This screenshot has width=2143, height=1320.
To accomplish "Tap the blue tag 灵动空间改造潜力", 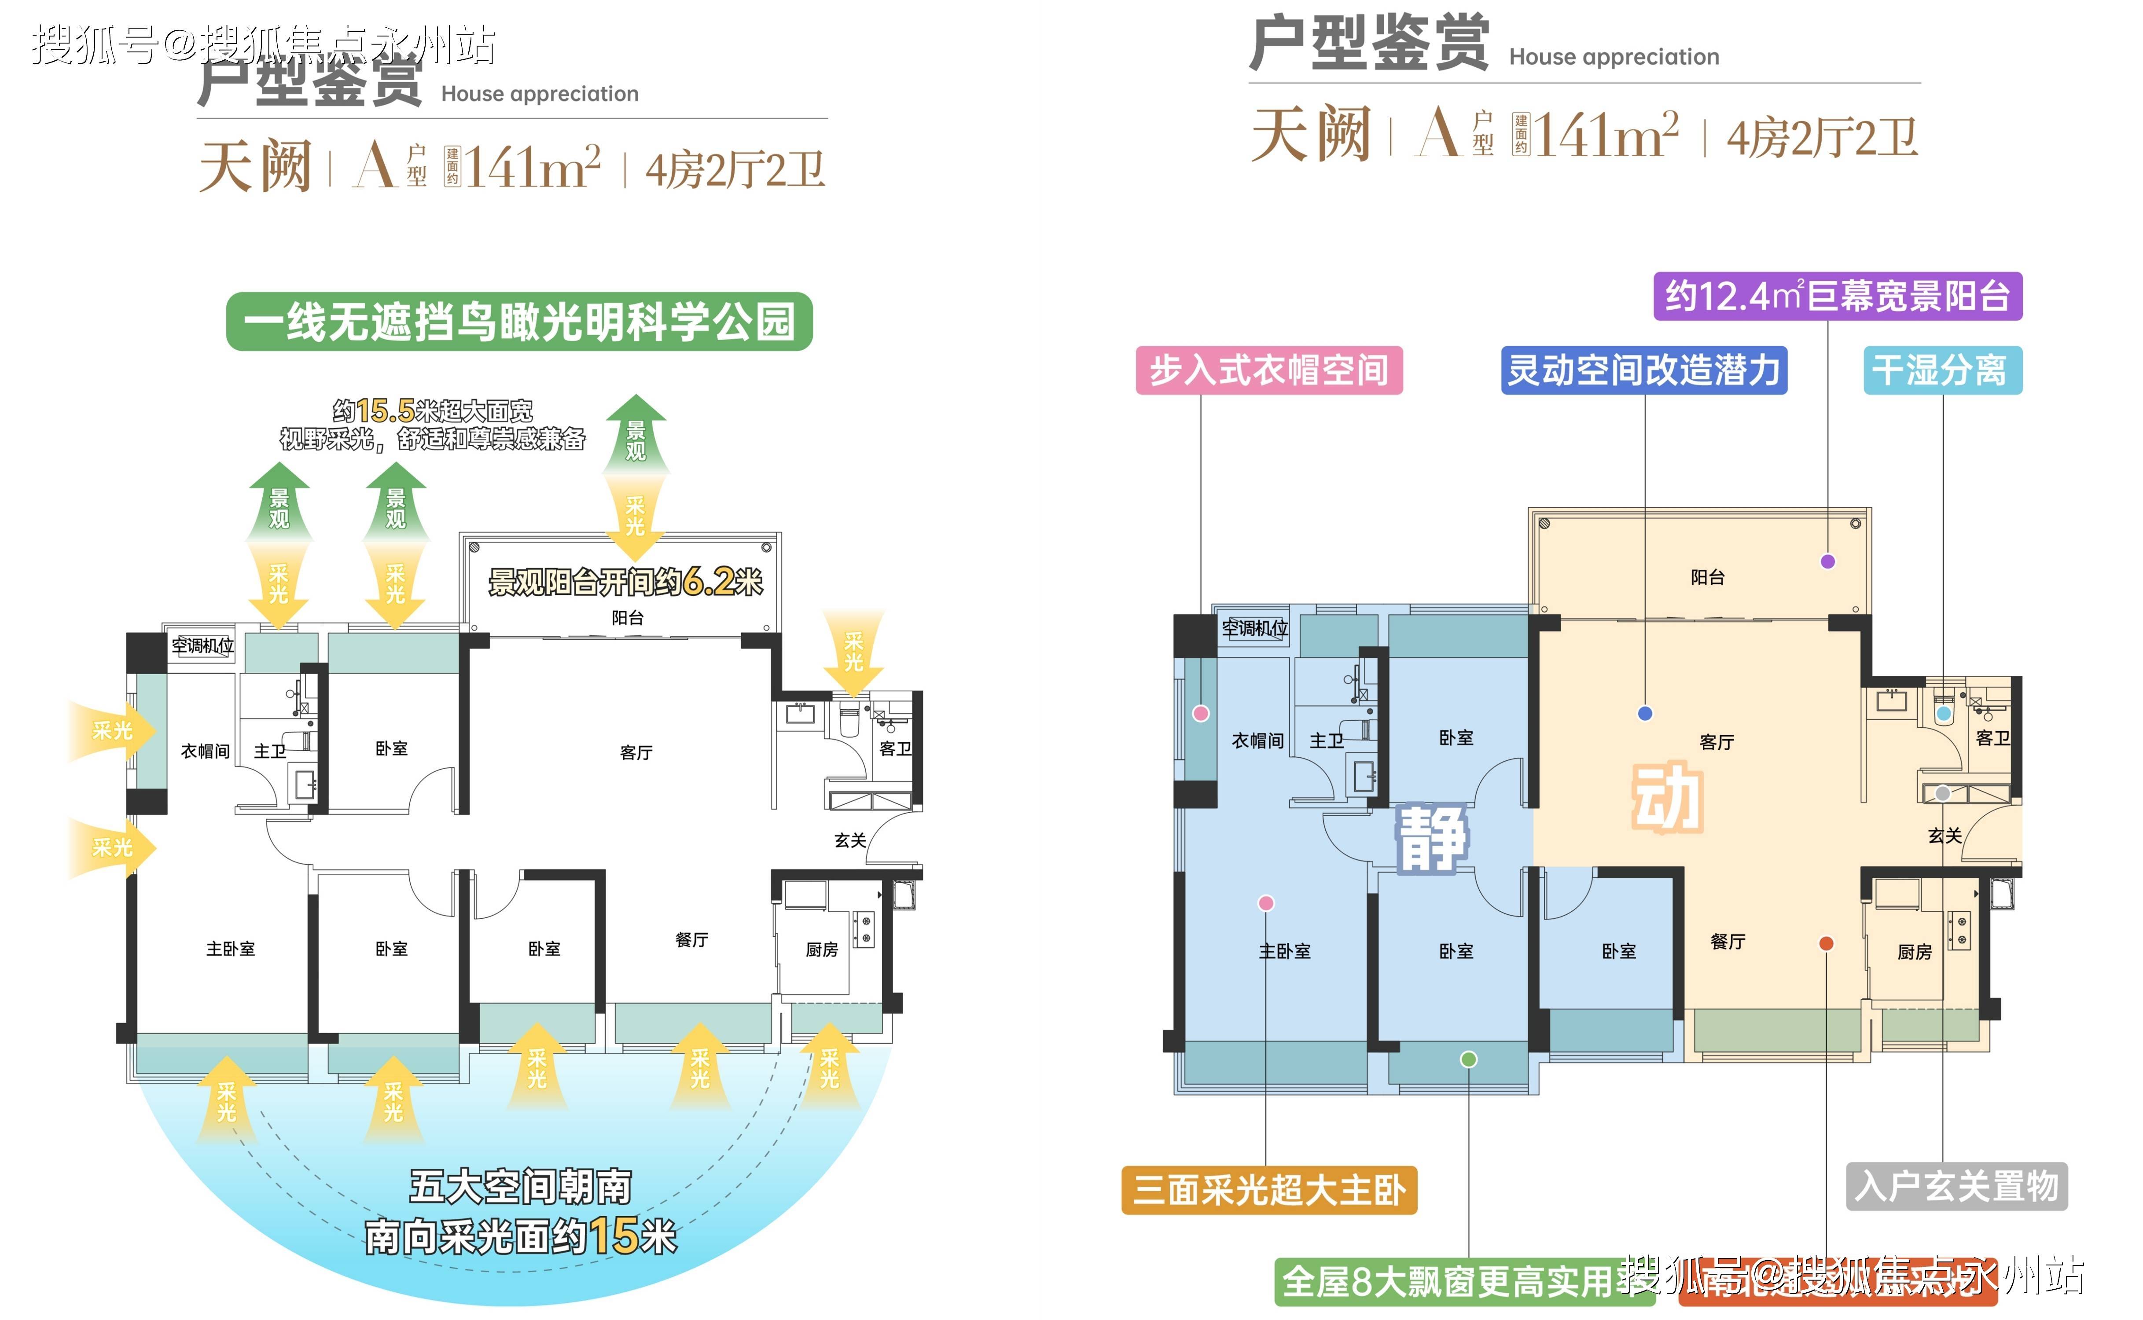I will point(1643,370).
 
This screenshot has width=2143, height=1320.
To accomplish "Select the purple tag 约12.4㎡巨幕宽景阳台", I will point(1838,296).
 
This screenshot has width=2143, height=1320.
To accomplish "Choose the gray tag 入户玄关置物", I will point(1956,1185).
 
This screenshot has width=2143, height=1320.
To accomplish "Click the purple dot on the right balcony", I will point(1828,561).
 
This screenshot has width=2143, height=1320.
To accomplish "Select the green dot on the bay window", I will point(1469,1059).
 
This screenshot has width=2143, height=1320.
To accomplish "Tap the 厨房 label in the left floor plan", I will point(822,949).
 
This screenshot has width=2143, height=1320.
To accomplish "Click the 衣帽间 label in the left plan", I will point(205,751).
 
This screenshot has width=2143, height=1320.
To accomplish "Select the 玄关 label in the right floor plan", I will point(1945,836).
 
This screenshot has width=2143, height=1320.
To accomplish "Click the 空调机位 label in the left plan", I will point(202,645).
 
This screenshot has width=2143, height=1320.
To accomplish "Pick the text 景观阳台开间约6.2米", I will point(625,581).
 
